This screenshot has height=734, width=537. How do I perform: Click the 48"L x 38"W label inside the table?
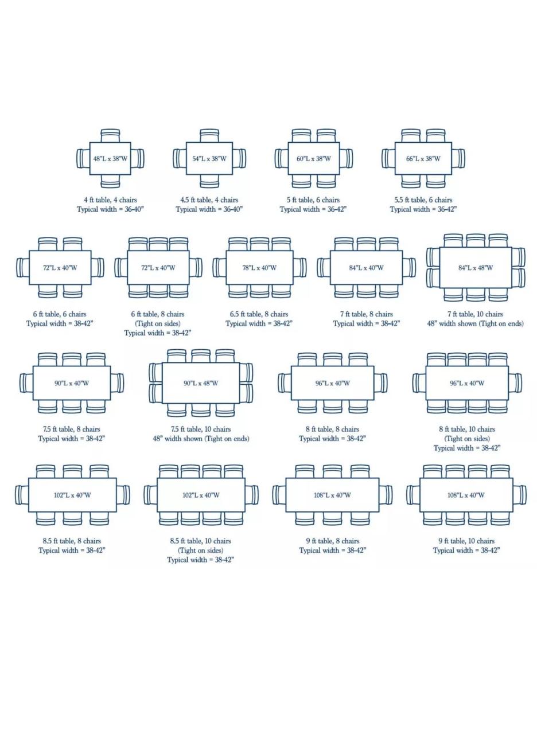click(110, 159)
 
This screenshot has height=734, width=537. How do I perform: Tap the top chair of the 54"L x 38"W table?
click(209, 135)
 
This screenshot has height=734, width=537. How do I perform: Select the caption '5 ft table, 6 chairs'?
click(313, 200)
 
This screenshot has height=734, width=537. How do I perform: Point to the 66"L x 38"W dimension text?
click(423, 159)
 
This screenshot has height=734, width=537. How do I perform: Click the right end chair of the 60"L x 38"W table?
click(346, 159)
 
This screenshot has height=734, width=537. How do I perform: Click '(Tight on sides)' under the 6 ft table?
click(158, 323)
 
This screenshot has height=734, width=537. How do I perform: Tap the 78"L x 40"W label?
click(259, 268)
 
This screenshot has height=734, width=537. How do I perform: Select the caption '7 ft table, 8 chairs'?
click(366, 314)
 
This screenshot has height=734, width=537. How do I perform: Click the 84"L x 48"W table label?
click(476, 268)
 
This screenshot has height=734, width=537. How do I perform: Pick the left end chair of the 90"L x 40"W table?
click(26, 382)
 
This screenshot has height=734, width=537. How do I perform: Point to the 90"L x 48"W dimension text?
click(201, 383)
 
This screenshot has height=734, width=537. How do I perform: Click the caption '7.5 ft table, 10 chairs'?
click(201, 430)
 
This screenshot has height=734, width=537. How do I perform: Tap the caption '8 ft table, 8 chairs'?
click(332, 430)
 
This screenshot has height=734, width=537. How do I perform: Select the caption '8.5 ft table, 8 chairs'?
click(72, 541)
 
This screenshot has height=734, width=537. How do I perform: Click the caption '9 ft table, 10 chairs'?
click(466, 541)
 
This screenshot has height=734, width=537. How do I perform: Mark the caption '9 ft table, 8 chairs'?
click(333, 541)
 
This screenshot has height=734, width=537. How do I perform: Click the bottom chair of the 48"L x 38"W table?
click(110, 181)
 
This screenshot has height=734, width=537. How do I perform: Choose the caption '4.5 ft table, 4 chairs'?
click(209, 200)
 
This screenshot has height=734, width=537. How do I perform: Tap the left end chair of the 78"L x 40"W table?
click(219, 267)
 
